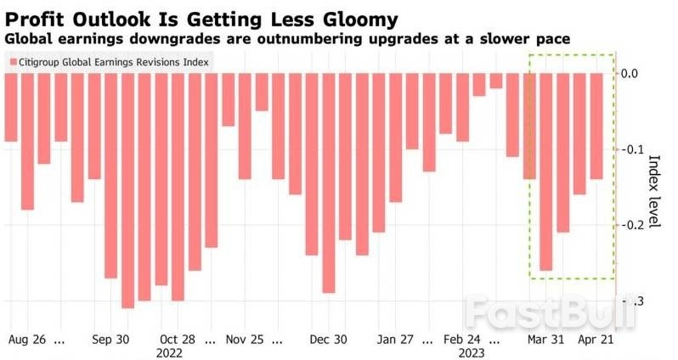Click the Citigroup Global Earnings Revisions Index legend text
tap(114, 62)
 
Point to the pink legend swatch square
tap(13, 62)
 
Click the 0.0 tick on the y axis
tap(629, 73)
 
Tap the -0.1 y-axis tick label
tap(631, 149)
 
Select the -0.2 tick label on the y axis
tap(631, 225)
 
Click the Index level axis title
tap(655, 191)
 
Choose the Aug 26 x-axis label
tap(27, 340)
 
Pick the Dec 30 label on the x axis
tap(328, 340)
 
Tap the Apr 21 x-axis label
tap(596, 340)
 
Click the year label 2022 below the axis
tap(169, 353)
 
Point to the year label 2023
tap(471, 353)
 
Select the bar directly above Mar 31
tap(546, 172)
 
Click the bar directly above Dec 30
tap(329, 183)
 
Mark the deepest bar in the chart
tap(128, 190)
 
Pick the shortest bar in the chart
tap(496, 81)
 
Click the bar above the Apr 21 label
tap(596, 127)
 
